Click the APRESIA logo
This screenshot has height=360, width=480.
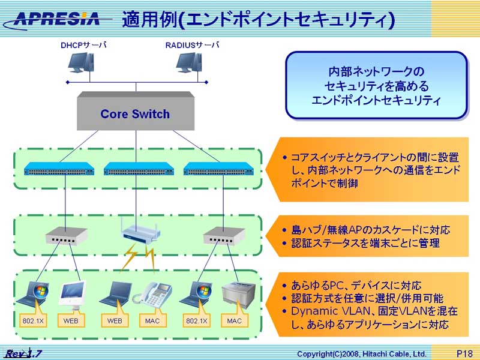(58, 18)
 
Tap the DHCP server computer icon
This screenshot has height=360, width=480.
(80, 64)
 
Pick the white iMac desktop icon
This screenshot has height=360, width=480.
(73, 294)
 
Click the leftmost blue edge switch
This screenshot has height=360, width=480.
(59, 169)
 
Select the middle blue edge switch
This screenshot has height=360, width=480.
(139, 169)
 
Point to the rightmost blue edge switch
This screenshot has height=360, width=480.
(218, 169)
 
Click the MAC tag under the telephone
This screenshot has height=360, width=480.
(152, 321)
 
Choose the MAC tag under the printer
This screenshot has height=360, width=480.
(234, 321)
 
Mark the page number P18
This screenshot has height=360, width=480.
(465, 354)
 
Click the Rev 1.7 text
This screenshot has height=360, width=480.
(24, 353)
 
